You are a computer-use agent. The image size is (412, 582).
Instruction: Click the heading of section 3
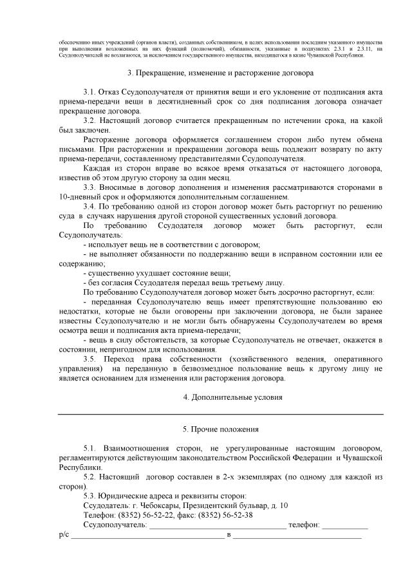[x=220, y=73]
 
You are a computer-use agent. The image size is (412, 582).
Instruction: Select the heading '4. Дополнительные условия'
[x=220, y=397]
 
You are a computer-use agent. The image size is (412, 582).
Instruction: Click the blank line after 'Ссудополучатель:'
[x=218, y=526]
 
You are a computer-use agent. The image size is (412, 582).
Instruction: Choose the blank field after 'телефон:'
[x=345, y=526]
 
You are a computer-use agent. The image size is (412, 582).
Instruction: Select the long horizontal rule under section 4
[x=220, y=413]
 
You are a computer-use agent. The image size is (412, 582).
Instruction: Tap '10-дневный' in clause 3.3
[x=79, y=197]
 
